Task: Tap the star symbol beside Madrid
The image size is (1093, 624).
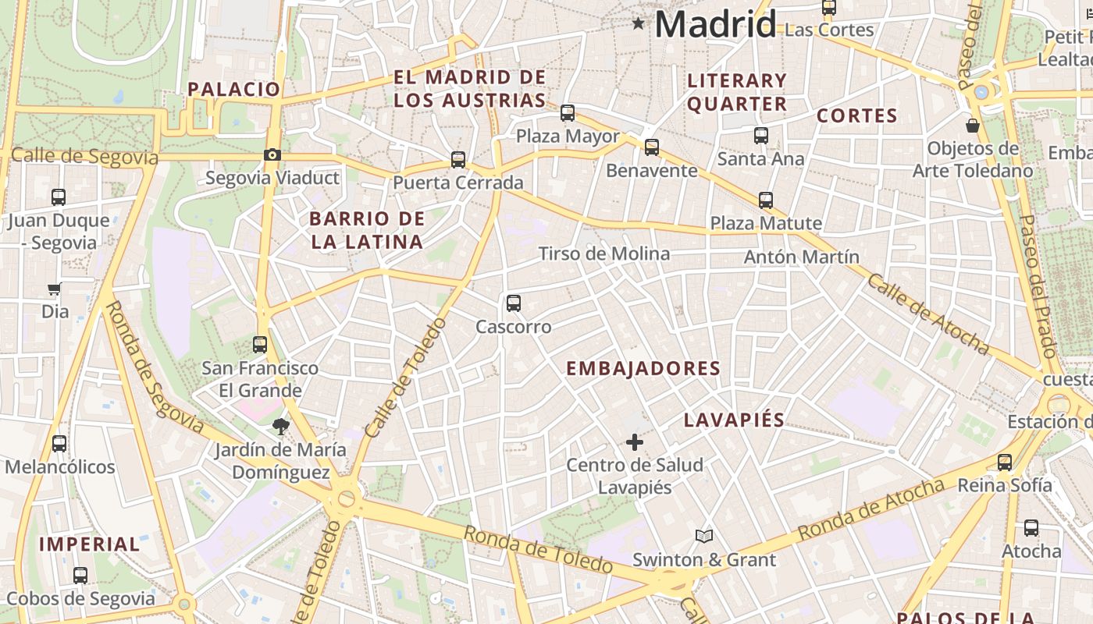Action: pyautogui.click(x=639, y=23)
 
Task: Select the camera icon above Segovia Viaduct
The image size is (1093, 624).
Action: pyautogui.click(x=272, y=154)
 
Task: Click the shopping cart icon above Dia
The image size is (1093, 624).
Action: pyautogui.click(x=54, y=289)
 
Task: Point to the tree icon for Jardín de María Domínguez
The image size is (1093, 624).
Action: pyautogui.click(x=281, y=426)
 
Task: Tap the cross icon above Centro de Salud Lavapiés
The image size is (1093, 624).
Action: pyautogui.click(x=635, y=442)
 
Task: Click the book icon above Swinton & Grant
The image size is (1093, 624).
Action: pyautogui.click(x=704, y=536)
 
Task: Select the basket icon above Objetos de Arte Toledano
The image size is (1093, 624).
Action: pyautogui.click(x=973, y=125)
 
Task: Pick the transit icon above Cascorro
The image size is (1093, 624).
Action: pyautogui.click(x=513, y=303)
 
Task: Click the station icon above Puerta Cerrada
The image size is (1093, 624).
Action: pyautogui.click(x=458, y=159)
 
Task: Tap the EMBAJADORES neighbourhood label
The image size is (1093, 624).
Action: pyautogui.click(x=643, y=368)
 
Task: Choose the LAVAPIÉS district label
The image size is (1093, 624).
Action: pyautogui.click(x=734, y=420)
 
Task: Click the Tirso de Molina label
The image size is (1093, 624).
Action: pyautogui.click(x=604, y=253)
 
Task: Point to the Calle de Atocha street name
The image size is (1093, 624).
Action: pyautogui.click(x=927, y=314)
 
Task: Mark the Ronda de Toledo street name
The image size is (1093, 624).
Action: pyautogui.click(x=538, y=548)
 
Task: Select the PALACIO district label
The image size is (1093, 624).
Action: pyautogui.click(x=233, y=89)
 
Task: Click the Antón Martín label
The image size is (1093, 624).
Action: pyautogui.click(x=801, y=257)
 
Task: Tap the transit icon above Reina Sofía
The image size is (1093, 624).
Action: pyautogui.click(x=1005, y=462)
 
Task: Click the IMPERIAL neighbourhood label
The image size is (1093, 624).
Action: pyautogui.click(x=89, y=544)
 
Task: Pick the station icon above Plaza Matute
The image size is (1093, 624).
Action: pyautogui.click(x=766, y=200)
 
